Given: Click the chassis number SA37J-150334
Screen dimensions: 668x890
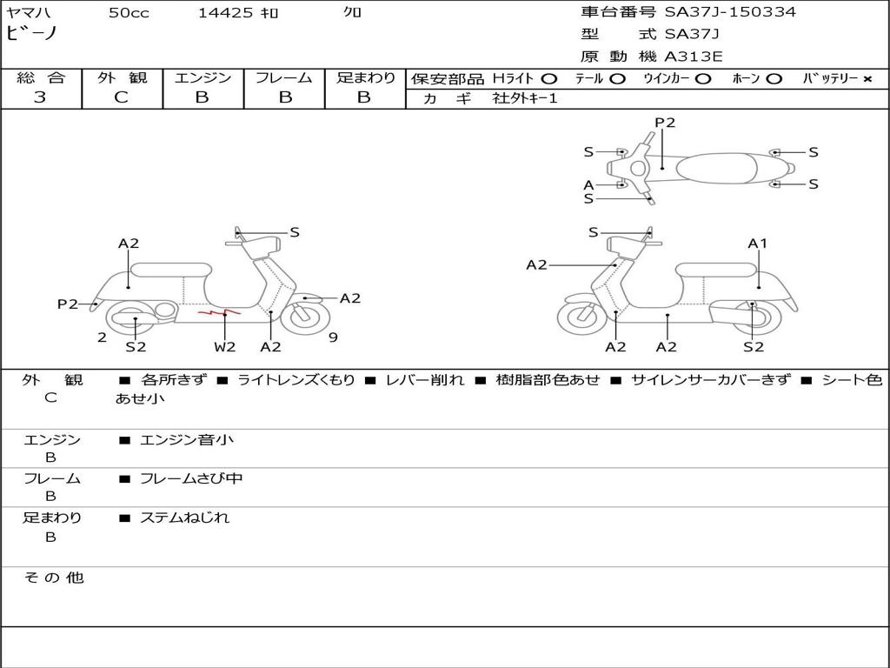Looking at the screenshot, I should [x=730, y=12].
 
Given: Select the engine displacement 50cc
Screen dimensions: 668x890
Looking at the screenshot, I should [x=129, y=13].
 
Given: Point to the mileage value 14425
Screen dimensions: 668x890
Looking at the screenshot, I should [x=225, y=13].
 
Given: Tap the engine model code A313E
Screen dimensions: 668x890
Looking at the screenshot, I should [x=694, y=57].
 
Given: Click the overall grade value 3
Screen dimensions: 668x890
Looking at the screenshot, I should [x=40, y=97].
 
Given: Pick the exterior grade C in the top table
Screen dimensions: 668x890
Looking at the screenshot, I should [x=121, y=97].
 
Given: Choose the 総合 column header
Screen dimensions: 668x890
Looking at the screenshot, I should [x=41, y=78].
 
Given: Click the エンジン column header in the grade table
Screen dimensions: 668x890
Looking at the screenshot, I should [x=203, y=78].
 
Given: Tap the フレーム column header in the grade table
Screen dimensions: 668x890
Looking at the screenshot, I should [x=283, y=78].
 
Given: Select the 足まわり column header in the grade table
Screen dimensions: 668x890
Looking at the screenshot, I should [x=365, y=78].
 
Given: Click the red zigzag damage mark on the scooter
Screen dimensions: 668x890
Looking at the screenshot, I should [x=218, y=311].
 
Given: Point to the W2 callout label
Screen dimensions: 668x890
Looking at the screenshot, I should [x=225, y=347].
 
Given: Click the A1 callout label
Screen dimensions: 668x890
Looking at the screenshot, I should [x=758, y=244].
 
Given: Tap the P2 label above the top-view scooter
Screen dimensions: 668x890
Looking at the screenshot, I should [x=665, y=123].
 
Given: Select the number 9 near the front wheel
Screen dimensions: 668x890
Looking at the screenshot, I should [x=333, y=337].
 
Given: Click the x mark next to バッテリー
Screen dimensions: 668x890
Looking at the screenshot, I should [x=867, y=79].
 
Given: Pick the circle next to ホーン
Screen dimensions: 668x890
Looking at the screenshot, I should [x=774, y=79].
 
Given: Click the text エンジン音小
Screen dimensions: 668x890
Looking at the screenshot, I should [x=187, y=440].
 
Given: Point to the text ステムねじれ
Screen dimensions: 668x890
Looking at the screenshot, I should [x=184, y=518].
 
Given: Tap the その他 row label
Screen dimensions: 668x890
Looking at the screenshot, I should [x=53, y=578].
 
